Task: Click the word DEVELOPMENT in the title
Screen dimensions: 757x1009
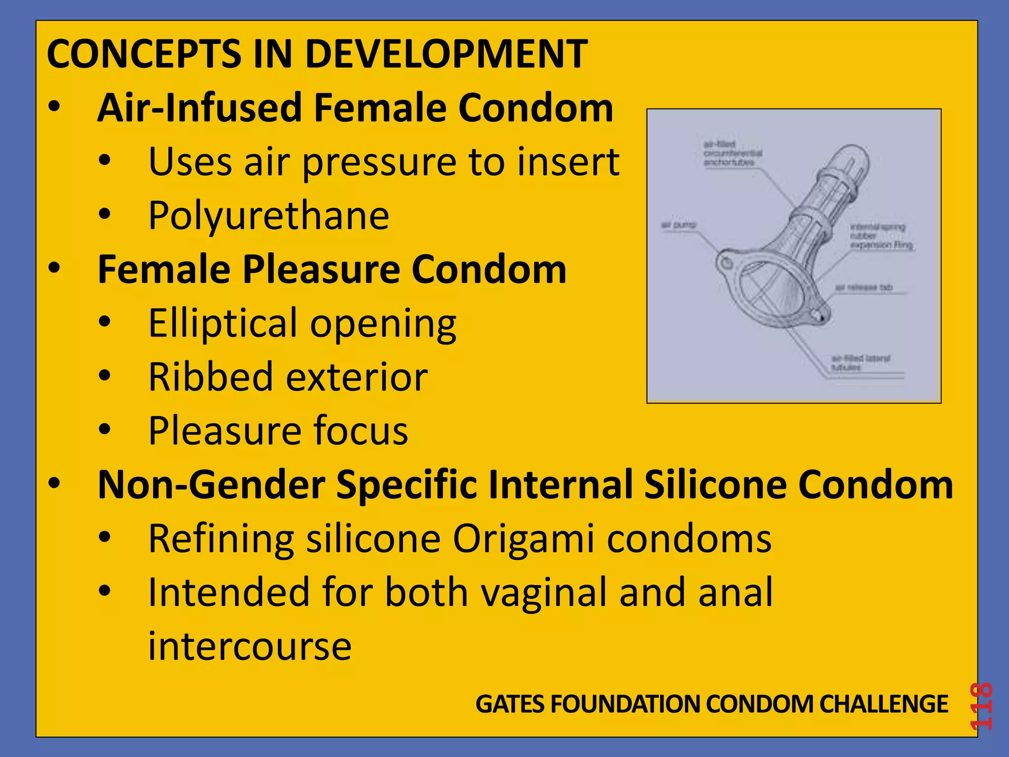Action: pos(446,54)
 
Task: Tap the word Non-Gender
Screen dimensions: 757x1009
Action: pos(211,485)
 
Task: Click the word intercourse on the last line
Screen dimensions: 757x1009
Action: pos(250,646)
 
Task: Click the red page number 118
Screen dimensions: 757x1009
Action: pos(980,706)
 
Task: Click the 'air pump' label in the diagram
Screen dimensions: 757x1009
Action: pos(678,225)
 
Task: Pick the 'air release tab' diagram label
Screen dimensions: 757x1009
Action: pos(863,287)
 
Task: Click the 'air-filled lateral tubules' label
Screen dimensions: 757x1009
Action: pos(860,363)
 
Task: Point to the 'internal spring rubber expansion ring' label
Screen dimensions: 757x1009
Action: pos(881,236)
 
